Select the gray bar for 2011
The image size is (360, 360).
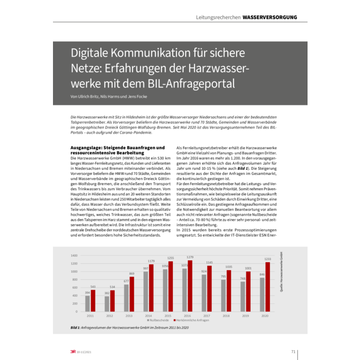(x=87, y=303)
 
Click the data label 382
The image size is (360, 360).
(x=106, y=293)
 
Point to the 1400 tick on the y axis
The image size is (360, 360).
(x=74, y=256)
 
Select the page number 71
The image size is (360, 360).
(x=293, y=352)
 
